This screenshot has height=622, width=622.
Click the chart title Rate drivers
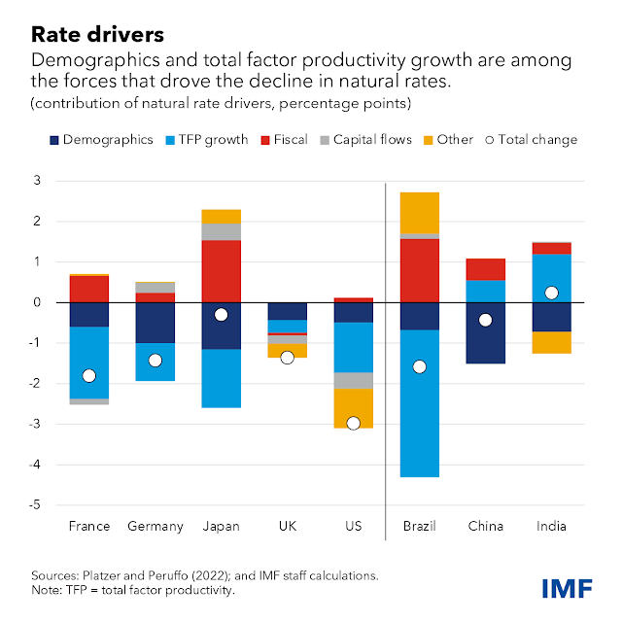(x=95, y=35)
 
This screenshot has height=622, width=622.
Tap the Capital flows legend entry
(x=361, y=140)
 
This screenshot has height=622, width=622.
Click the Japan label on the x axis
(x=222, y=526)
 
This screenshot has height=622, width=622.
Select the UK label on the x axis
(x=288, y=526)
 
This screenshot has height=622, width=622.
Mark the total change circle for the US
(x=353, y=423)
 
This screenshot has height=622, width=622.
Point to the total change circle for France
(x=89, y=376)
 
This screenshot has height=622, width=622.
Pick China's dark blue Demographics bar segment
(x=485, y=332)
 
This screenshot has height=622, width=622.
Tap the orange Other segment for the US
(x=353, y=408)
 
